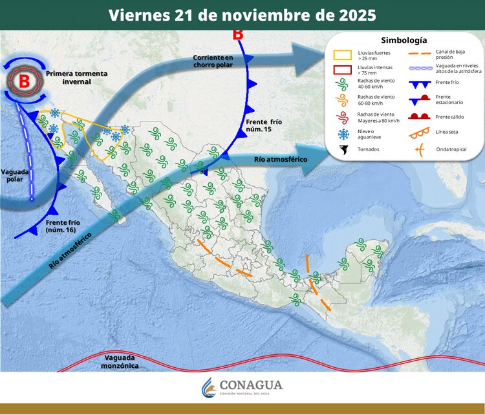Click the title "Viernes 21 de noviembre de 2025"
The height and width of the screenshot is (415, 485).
coord(242,15)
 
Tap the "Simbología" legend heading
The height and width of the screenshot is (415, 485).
coord(404,40)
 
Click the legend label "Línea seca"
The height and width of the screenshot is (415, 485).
coord(446,133)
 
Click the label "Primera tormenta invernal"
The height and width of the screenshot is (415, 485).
coord(77,78)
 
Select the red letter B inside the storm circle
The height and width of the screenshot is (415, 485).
coord(24,81)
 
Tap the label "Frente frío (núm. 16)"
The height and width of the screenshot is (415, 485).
coord(63,226)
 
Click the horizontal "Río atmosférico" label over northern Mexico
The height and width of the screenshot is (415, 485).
coord(280,158)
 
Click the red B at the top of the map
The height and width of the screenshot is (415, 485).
coord(238,34)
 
